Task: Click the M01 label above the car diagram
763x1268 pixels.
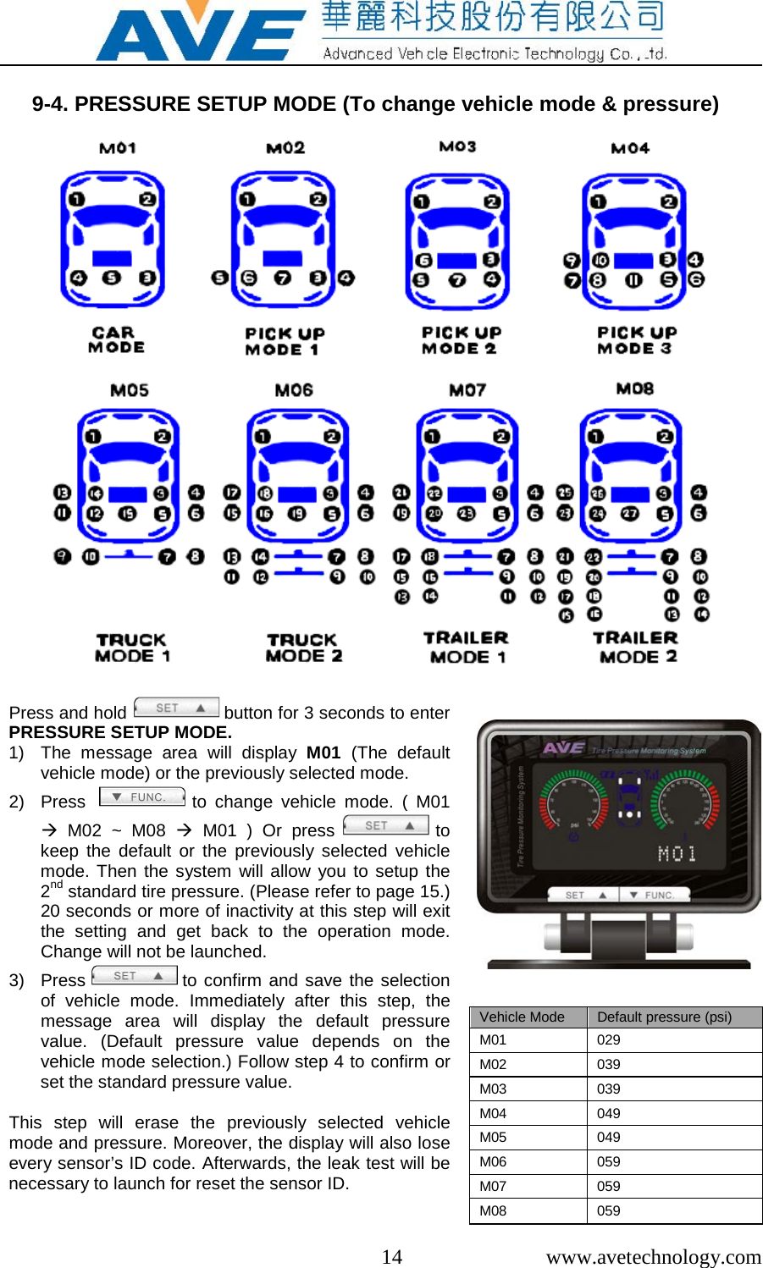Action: coord(118,148)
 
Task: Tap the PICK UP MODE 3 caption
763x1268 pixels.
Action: coord(636,340)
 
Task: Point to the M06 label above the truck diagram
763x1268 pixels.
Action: coord(294,390)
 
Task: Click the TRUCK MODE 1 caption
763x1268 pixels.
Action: coord(132,648)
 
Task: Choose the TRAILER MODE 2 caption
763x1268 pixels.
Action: coord(635,648)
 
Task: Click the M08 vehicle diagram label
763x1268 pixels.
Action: coord(634,389)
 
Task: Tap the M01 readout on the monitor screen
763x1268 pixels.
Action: coord(677,853)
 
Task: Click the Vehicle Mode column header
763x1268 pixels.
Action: coord(522,1017)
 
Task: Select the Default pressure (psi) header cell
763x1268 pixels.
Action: coord(664,1017)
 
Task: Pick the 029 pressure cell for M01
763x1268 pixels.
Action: coord(609,1039)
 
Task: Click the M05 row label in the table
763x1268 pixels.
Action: coord(493,1137)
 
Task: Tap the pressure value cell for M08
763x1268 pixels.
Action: coord(609,1210)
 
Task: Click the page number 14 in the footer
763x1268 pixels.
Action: coord(391,1256)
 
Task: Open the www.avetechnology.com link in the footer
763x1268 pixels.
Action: coord(653,1256)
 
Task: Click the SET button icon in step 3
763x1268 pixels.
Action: coord(135,976)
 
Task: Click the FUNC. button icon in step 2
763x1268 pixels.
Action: coord(142,797)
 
